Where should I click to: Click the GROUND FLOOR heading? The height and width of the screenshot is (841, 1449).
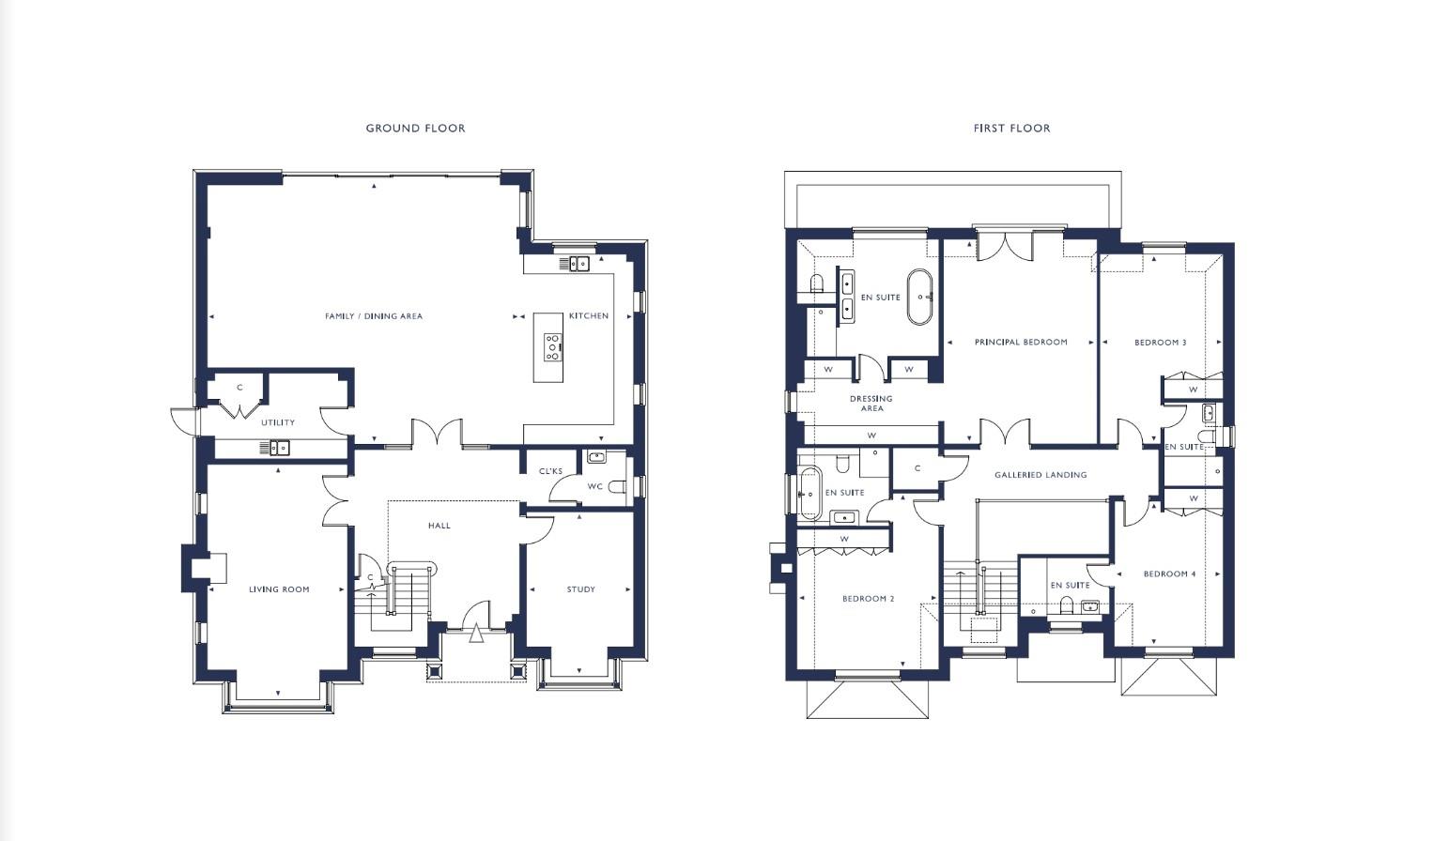pos(415,128)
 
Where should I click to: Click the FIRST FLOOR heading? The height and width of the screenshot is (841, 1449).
pos(1011,128)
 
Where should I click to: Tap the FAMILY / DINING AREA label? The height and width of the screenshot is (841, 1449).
pos(373,316)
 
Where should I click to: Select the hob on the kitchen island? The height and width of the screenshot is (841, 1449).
pos(552,347)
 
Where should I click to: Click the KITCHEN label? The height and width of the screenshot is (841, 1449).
pos(589,315)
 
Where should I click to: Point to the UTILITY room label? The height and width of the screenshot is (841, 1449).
pos(278,422)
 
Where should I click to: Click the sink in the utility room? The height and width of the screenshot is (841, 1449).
pos(274,448)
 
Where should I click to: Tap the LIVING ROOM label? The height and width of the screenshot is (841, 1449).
pos(279,589)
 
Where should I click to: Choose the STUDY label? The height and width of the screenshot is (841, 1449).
pos(580,589)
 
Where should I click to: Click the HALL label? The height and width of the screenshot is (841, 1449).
pos(439,526)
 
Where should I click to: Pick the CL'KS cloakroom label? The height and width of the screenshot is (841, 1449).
pos(550,471)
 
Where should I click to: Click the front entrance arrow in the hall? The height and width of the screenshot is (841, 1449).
pos(476,634)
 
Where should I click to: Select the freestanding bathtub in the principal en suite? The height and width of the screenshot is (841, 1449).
pos(920,297)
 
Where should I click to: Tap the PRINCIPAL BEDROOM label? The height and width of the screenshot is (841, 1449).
pos(1021,342)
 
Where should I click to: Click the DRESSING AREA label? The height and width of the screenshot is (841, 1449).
pos(871,404)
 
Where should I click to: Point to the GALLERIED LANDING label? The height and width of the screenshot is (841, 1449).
pos(1041,475)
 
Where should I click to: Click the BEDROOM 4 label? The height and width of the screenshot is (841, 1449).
pos(1169,573)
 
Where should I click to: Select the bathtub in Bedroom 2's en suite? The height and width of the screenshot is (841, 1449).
pos(809,493)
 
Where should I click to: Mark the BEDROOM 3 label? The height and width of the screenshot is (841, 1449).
pos(1161,342)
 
